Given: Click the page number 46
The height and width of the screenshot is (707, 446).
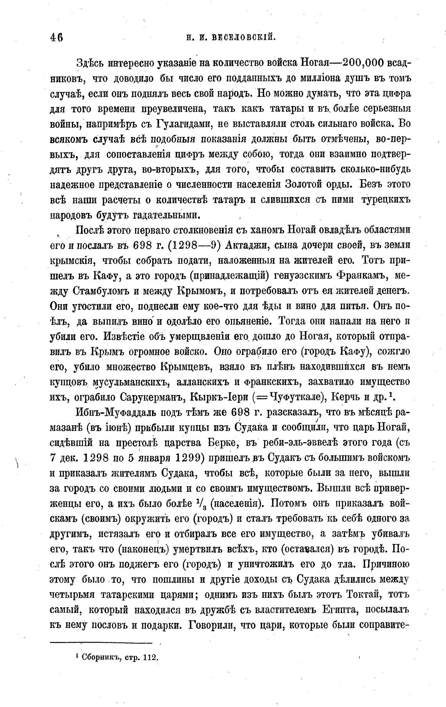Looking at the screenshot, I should point(56,38).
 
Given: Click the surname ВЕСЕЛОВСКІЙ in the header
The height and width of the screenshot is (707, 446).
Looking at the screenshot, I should point(244,38).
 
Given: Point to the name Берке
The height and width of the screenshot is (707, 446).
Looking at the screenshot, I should point(225,443).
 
